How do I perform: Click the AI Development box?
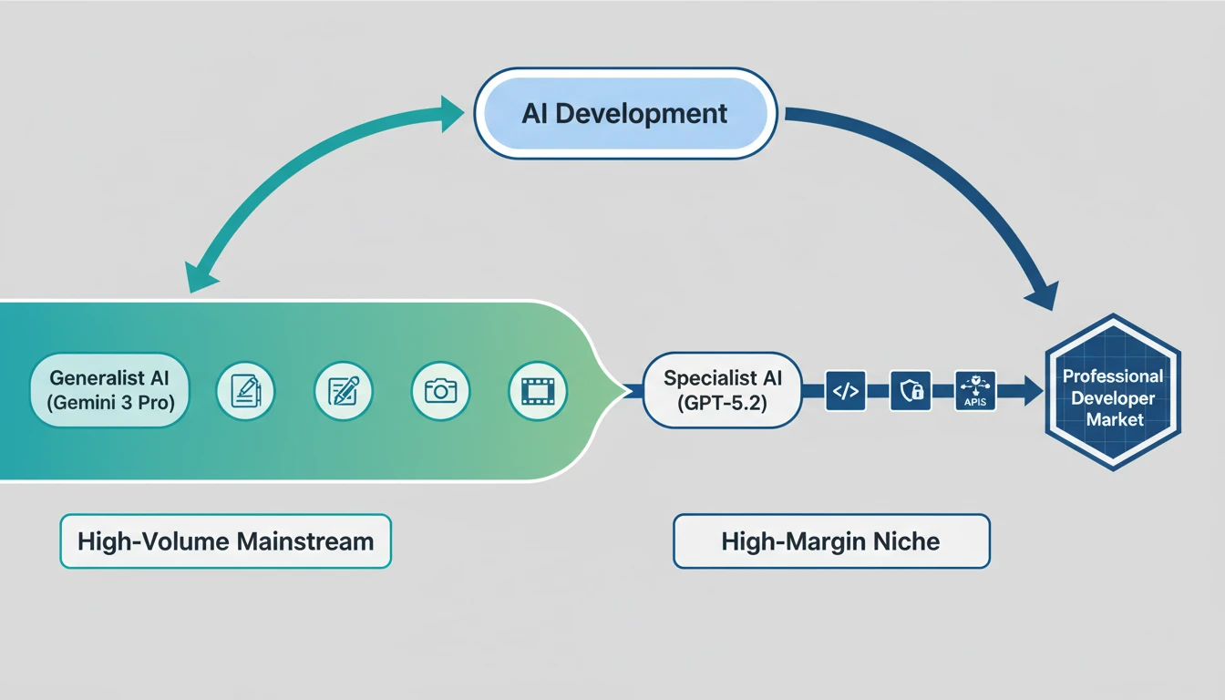click(625, 114)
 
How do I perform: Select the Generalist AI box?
click(109, 390)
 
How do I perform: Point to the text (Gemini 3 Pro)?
click(109, 403)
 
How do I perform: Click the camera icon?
click(440, 391)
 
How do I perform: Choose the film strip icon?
click(538, 391)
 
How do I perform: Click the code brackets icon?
click(846, 391)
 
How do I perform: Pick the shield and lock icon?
click(910, 391)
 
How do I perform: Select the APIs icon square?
click(975, 391)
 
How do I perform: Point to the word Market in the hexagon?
click(1113, 419)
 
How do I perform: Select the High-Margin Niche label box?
click(830, 541)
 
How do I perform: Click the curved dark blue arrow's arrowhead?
click(1041, 293)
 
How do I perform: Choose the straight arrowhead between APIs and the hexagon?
click(1032, 392)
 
